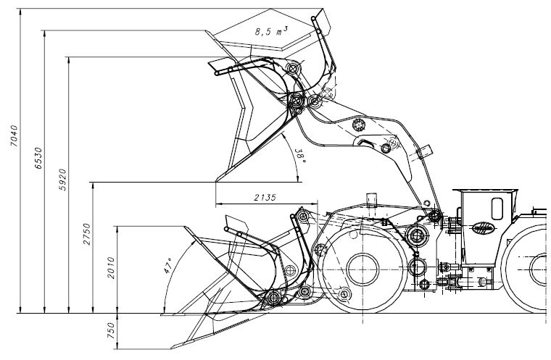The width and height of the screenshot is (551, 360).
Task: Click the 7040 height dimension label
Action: [x=14, y=135]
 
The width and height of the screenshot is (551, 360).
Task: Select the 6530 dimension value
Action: [x=38, y=158]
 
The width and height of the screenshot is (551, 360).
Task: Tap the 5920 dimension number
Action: [x=62, y=180]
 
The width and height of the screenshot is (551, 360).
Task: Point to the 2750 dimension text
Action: [x=86, y=234]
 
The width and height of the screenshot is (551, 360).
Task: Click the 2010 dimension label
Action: [x=111, y=268]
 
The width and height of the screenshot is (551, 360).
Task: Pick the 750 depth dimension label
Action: [x=111, y=330]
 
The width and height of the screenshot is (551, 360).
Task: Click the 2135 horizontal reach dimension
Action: [x=265, y=198]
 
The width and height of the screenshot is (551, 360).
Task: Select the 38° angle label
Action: [x=299, y=156]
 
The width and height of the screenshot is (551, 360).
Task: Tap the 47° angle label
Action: [x=168, y=266]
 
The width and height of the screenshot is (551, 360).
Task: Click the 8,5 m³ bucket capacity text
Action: [x=271, y=32]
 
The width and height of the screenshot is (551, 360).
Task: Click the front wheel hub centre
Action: [x=362, y=269]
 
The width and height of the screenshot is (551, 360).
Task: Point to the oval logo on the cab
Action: [x=483, y=228]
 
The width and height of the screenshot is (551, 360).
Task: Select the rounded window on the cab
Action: [x=497, y=209]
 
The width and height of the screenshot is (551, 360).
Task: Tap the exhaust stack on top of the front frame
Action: [x=371, y=200]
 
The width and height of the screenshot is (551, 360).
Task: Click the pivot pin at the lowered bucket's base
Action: [x=273, y=298]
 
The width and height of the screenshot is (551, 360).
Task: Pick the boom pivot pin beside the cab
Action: [x=436, y=216]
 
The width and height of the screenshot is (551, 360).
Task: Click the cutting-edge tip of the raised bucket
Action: [x=216, y=181]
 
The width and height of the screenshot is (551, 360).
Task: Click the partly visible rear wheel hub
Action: [x=539, y=269]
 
